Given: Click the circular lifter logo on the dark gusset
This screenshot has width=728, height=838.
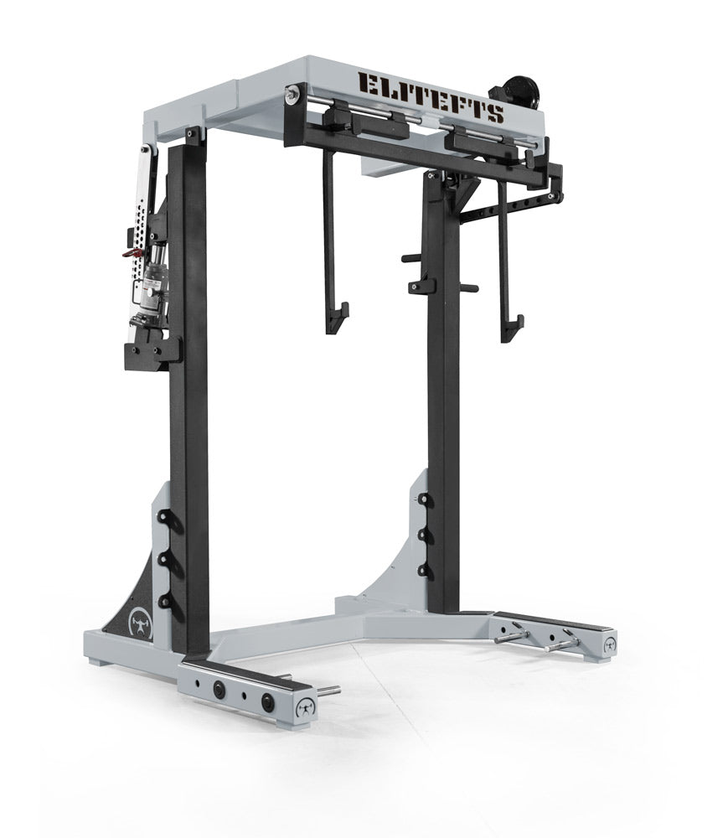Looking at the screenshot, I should coord(141,622).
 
